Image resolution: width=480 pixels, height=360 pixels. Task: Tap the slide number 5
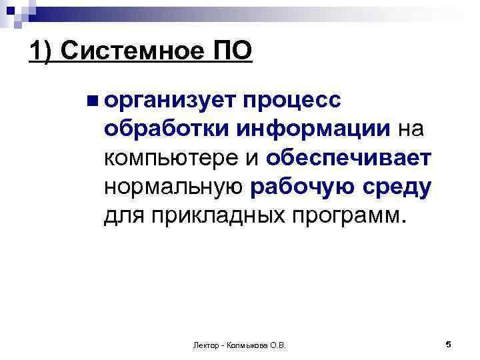pyautogui.click(x=449, y=344)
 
